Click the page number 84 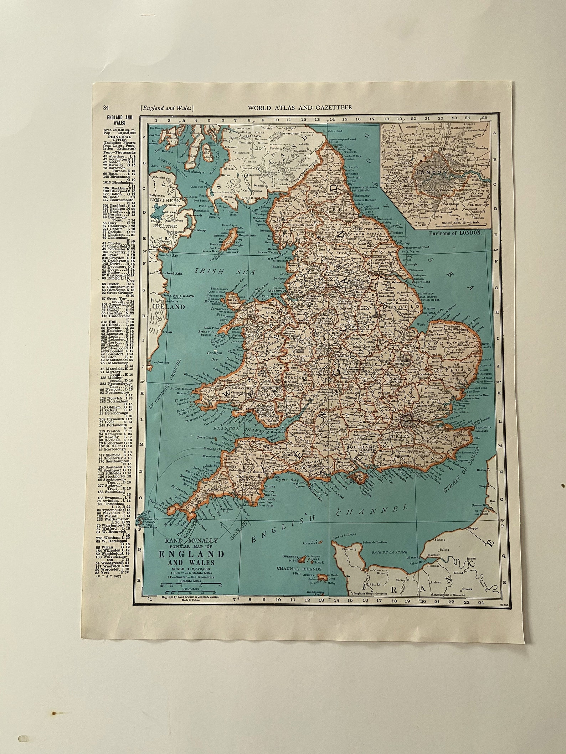click(x=106, y=108)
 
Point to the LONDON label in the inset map click(x=434, y=172)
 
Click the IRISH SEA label click(x=226, y=271)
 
